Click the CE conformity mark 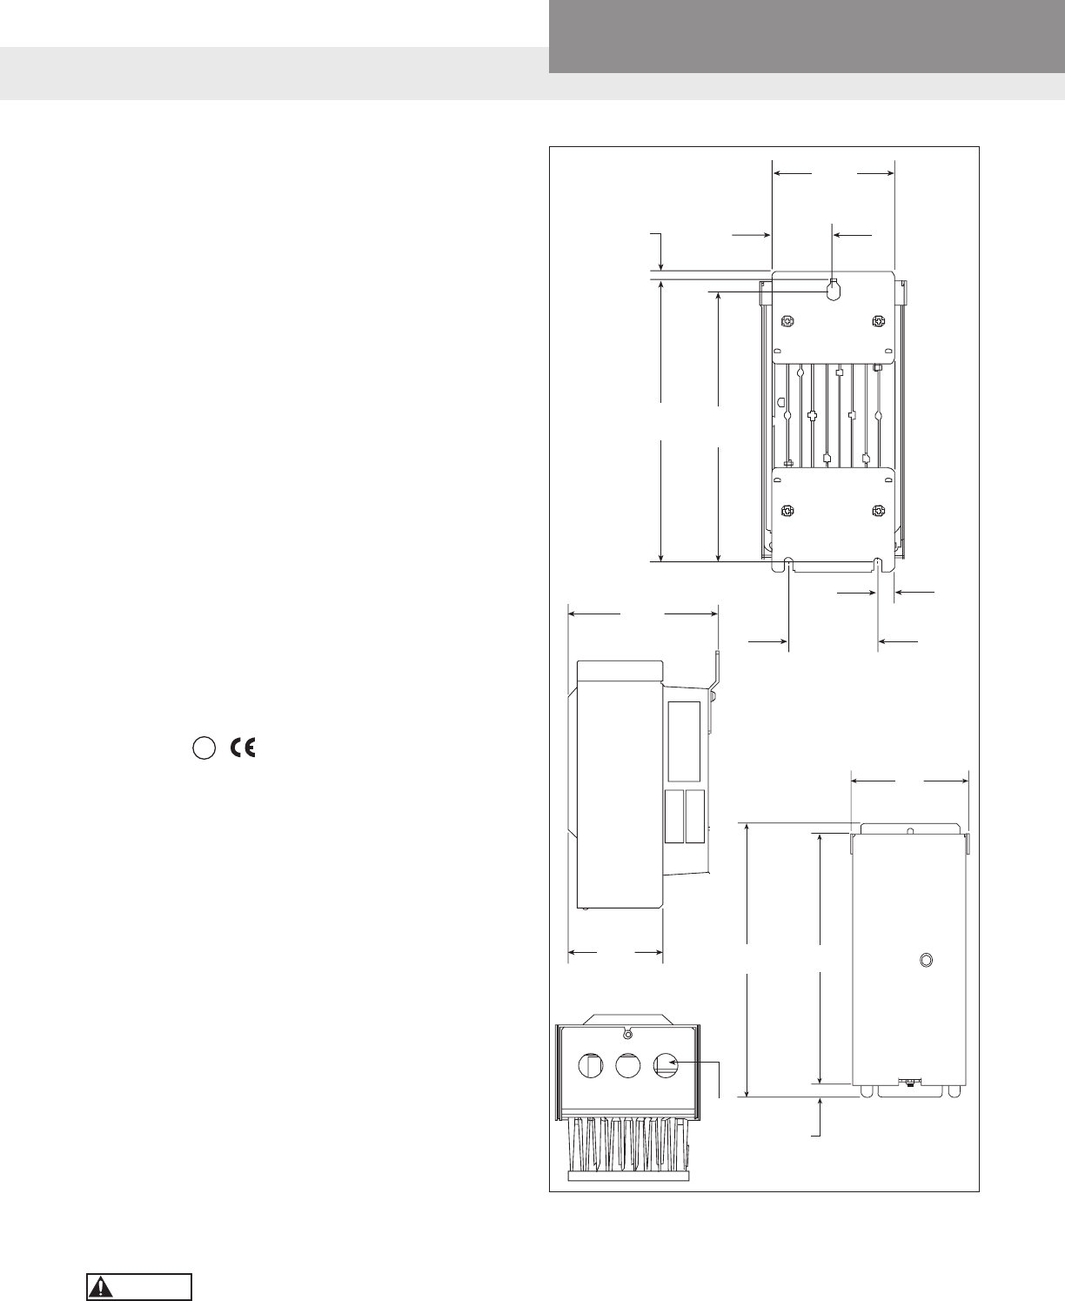(243, 748)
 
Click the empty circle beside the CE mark (204, 748)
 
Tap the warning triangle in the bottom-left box (101, 1287)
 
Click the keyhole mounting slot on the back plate (834, 289)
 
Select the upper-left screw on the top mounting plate (787, 321)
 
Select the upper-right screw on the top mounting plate (878, 321)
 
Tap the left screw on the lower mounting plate (787, 511)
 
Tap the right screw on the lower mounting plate (878, 511)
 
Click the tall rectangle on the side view (685, 741)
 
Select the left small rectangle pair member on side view (674, 817)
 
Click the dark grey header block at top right (807, 37)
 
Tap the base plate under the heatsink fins (628, 1177)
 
